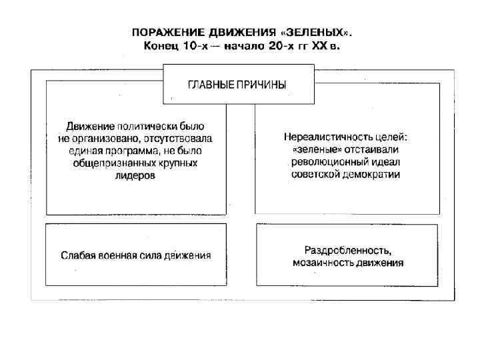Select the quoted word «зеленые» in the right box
[x=312, y=150]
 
